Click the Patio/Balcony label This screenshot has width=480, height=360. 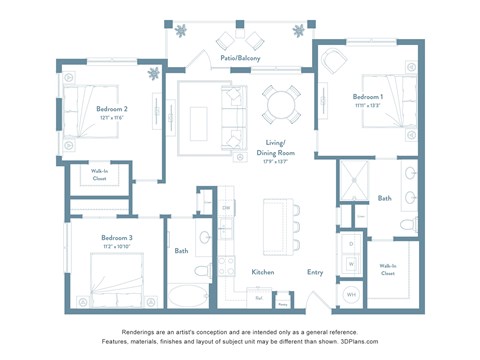pyautogui.click(x=241, y=58)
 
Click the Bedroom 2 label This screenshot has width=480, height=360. pyautogui.click(x=111, y=110)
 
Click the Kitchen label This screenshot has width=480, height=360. pyautogui.click(x=262, y=272)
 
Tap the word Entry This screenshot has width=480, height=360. pyautogui.click(x=315, y=272)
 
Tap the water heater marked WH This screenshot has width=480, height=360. pyautogui.click(x=351, y=295)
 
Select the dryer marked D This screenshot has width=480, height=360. pyautogui.click(x=351, y=243)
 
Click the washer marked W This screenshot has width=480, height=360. pyautogui.click(x=351, y=265)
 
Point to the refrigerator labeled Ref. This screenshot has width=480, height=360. pyautogui.click(x=259, y=297)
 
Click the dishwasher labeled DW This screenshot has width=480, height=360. pyautogui.click(x=226, y=208)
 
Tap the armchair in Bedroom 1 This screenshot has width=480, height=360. pyautogui.click(x=334, y=62)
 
